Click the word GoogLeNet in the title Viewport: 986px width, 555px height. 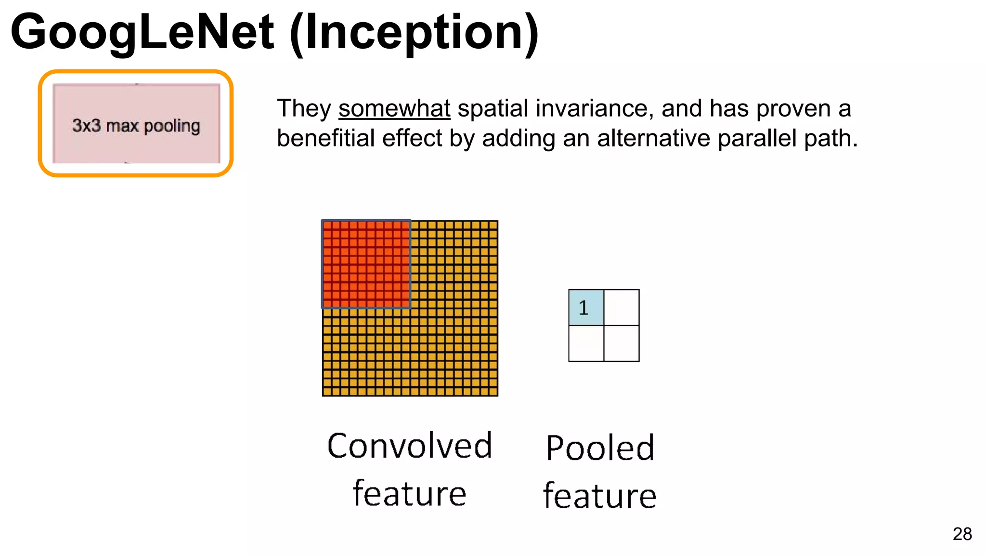point(142,32)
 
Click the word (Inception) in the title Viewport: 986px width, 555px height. point(414,32)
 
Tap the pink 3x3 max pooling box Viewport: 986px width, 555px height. point(136,124)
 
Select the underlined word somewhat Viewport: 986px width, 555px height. point(394,108)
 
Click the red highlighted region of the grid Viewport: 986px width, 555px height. point(366,264)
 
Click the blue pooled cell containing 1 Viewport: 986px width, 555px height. point(586,307)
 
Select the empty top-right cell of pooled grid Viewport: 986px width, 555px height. point(622,307)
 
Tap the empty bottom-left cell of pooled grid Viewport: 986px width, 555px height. point(586,344)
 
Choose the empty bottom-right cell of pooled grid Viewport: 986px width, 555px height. point(622,344)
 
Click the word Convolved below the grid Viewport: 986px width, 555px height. point(410,446)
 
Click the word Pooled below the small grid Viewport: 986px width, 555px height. point(600,448)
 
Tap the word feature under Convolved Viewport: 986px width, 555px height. point(410,493)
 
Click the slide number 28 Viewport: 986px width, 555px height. point(962,534)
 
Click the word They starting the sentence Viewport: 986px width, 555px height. point(303,108)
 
